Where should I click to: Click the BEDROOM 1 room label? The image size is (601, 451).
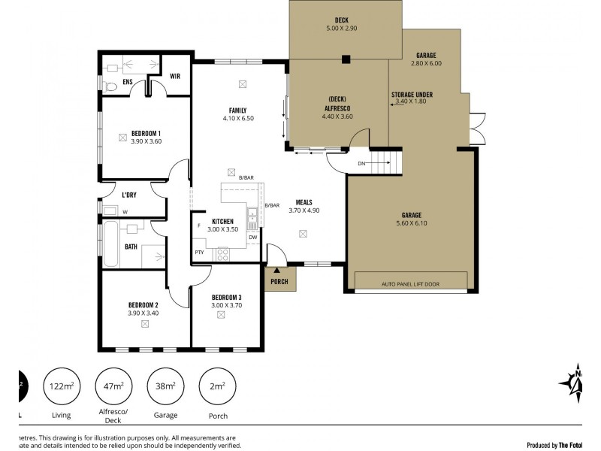(146, 133)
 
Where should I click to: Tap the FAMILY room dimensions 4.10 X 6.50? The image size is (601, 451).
(237, 119)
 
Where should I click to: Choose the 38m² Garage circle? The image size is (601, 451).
(165, 386)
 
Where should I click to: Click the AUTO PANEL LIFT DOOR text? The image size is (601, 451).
(410, 285)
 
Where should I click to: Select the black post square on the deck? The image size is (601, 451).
(346, 59)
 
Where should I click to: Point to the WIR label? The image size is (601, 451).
(175, 76)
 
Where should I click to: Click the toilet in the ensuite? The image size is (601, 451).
(111, 87)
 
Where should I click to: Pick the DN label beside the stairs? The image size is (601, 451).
(361, 163)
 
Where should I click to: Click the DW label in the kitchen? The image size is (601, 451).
(252, 237)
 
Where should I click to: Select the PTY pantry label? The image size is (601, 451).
(198, 252)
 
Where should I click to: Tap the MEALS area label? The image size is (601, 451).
(304, 202)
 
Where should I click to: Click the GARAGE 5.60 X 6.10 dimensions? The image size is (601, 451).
(411, 223)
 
